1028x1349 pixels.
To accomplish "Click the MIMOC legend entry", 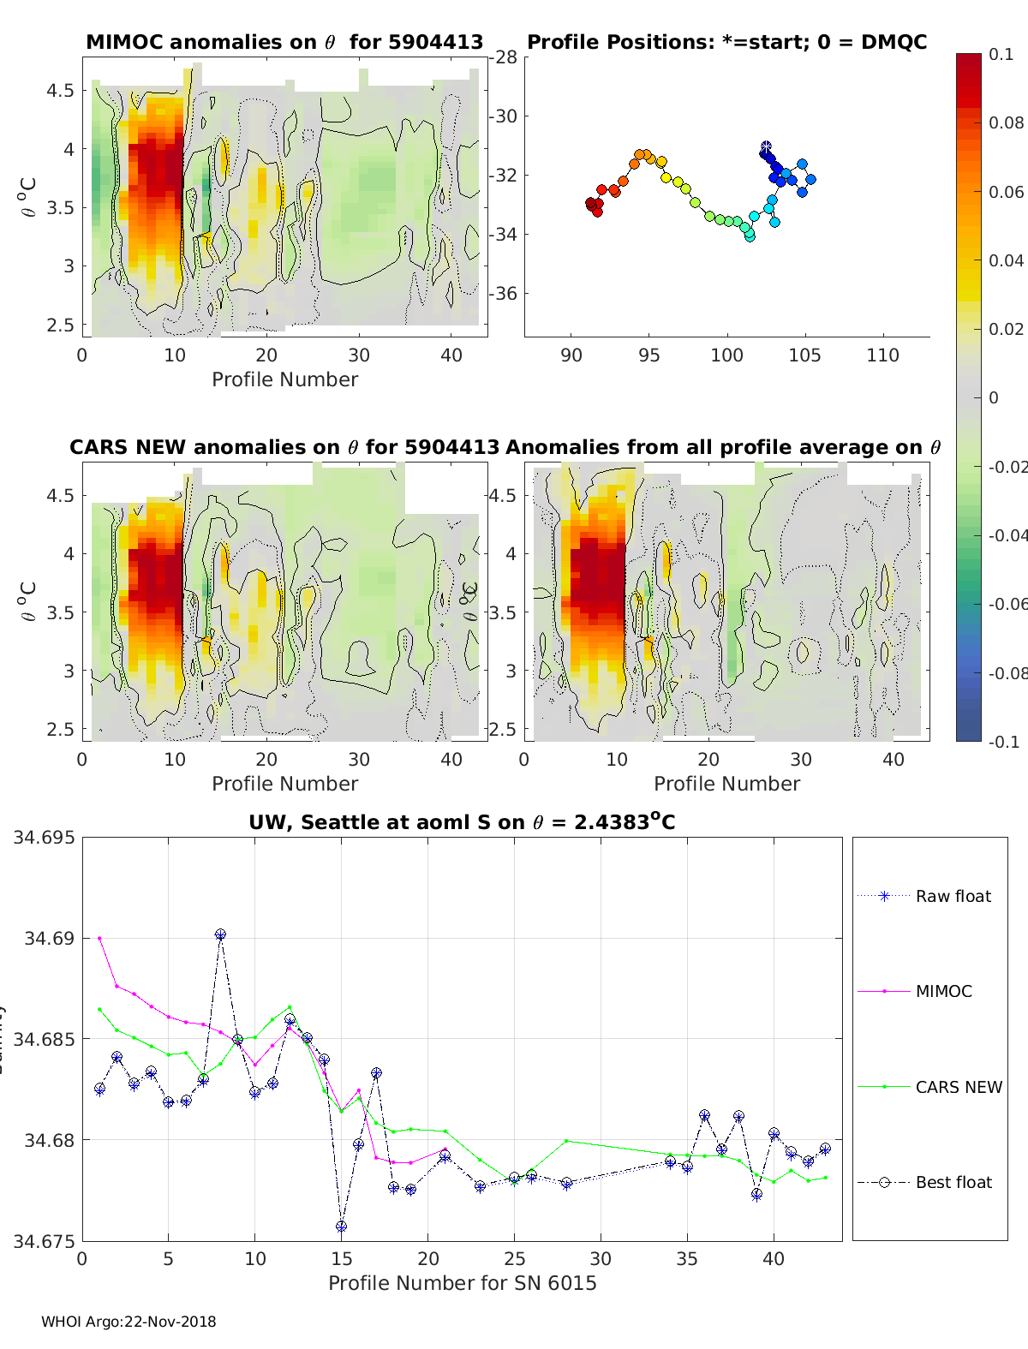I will (943, 991).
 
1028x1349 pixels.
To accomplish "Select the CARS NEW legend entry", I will (958, 1087).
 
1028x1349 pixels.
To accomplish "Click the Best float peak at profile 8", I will (220, 934).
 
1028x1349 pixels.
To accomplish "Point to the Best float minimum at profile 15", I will (341, 1227).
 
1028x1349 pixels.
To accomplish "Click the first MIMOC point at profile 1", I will (99, 938).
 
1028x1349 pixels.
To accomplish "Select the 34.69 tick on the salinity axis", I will (49, 938).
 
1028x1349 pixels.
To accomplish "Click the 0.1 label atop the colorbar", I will (1001, 54).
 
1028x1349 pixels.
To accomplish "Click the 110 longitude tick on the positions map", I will (882, 355).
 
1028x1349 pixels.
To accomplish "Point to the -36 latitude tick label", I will (506, 293).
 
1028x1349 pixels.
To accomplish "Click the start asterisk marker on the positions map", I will (766, 147).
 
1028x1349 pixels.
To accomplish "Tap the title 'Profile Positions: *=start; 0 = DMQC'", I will (726, 42).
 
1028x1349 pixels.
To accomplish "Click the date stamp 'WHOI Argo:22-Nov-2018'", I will (128, 1322).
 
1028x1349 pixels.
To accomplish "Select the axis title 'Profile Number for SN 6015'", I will (462, 1283).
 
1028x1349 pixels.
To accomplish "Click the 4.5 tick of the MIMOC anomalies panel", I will (60, 90).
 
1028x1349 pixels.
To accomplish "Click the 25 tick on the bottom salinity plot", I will (514, 1258).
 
